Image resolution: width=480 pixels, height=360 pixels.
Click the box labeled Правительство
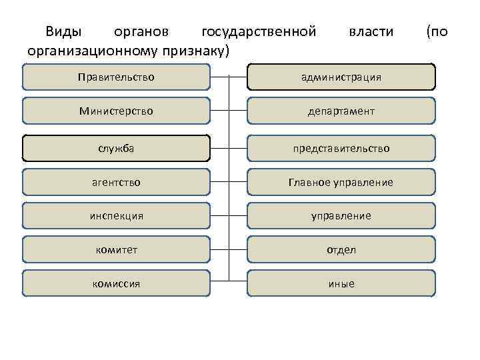[116, 77]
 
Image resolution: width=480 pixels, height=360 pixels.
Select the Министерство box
[116, 111]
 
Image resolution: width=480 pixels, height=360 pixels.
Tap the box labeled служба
[116, 148]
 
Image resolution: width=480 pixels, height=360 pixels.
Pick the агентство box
[116, 182]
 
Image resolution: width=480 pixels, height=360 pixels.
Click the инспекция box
[116, 216]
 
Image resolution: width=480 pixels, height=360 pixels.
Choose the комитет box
[116, 250]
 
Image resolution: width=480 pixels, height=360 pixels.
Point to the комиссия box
[116, 283]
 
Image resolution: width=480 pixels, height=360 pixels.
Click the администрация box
[341, 77]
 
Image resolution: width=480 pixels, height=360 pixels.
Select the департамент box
[341, 111]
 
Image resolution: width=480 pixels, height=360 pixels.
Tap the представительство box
[341, 148]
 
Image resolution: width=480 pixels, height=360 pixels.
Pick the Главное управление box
[341, 182]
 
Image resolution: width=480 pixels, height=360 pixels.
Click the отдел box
[341, 250]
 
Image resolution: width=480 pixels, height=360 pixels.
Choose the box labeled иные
[341, 283]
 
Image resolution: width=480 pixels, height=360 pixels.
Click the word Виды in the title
[63, 31]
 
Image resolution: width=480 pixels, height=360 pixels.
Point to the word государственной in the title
[258, 31]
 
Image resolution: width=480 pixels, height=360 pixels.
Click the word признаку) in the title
[200, 50]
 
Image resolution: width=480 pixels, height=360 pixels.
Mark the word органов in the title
[141, 32]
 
